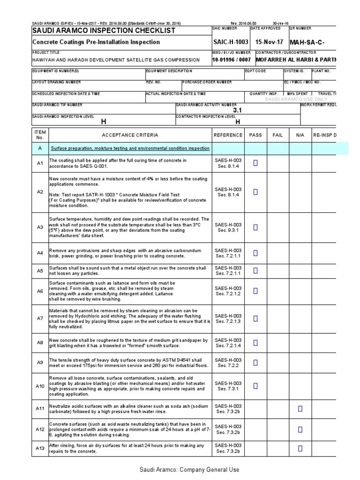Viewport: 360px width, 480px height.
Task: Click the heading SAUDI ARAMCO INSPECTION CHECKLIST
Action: coord(103,30)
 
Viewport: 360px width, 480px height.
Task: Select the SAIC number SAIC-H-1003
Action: coord(231,42)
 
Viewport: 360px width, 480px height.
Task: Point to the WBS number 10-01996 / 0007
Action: coord(231,60)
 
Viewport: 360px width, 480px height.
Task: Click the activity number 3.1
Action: coord(237,110)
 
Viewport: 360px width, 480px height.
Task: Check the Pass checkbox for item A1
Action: coord(255,163)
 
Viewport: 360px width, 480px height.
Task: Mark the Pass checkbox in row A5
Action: coord(255,270)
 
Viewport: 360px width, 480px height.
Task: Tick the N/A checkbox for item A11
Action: coord(300,409)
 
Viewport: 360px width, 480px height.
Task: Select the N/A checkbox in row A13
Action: coord(300,448)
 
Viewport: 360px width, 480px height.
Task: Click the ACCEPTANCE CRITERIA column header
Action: coord(130,135)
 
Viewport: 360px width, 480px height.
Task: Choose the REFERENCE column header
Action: coord(228,135)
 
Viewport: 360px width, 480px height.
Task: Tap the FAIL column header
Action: coord(277,135)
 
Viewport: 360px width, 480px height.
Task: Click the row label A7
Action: coord(40,318)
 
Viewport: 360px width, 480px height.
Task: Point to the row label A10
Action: coord(40,386)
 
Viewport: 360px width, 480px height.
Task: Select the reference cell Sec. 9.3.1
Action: coord(228,231)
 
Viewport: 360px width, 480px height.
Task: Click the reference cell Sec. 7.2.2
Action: coord(228,366)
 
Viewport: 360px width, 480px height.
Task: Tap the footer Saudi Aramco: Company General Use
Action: coord(189,470)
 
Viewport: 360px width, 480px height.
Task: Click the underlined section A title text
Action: coord(130,149)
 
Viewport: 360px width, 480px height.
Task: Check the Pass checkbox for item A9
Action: coord(255,362)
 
